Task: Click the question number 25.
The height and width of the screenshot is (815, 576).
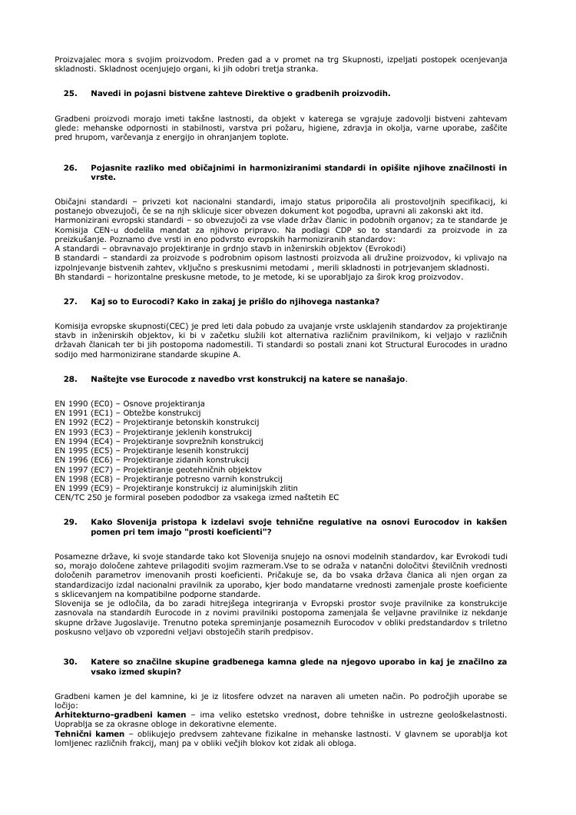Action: pos(71,94)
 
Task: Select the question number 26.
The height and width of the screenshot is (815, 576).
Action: pos(71,167)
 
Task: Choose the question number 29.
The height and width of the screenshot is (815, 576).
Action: pos(71,522)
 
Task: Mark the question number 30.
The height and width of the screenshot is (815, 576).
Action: pos(71,661)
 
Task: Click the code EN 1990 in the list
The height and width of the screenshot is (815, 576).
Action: pos(71,403)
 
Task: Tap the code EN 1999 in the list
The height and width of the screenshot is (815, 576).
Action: pos(71,487)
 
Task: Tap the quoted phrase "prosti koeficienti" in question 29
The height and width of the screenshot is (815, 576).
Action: pos(231,532)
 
